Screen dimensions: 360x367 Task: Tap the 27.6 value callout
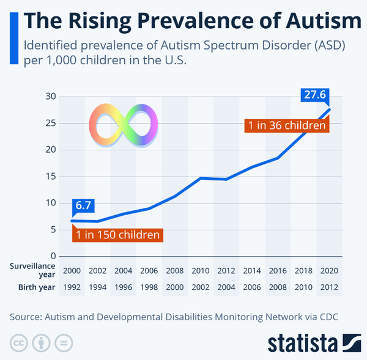(x=316, y=95)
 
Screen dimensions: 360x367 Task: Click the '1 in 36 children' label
(x=286, y=125)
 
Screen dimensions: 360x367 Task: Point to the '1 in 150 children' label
(x=117, y=235)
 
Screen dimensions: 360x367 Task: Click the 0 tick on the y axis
(x=53, y=256)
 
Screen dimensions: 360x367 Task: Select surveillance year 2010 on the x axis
(x=201, y=271)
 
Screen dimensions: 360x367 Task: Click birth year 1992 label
(x=72, y=287)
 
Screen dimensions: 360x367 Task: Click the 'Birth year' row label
(x=32, y=287)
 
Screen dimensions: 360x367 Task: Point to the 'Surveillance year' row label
(x=32, y=270)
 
